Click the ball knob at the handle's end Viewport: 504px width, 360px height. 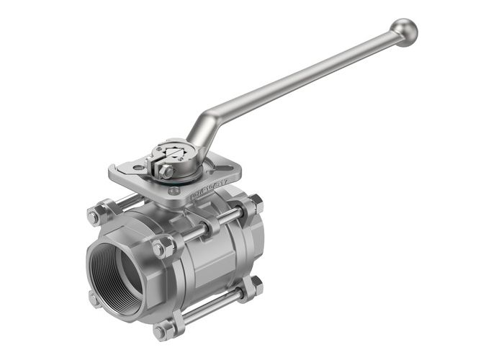click(405, 32)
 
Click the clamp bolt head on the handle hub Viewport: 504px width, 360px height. click(166, 171)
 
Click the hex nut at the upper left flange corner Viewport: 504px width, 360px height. click(94, 216)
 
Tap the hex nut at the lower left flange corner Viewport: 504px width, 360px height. click(94, 299)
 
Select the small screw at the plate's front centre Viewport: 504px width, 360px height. click(174, 191)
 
